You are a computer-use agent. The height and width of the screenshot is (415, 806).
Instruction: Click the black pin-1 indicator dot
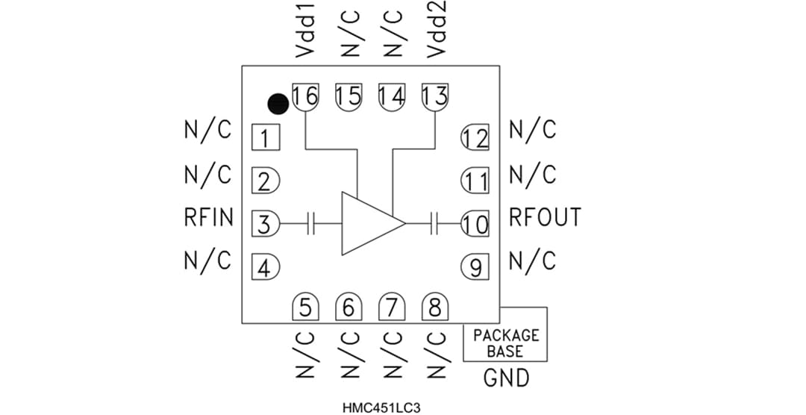click(x=278, y=104)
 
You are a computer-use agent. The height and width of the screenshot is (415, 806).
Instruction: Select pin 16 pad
click(x=305, y=96)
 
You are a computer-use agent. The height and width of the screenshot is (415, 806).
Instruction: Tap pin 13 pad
click(x=435, y=96)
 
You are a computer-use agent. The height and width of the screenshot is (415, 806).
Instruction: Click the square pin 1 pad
click(x=265, y=138)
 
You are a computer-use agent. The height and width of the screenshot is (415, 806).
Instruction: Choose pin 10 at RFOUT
click(x=475, y=223)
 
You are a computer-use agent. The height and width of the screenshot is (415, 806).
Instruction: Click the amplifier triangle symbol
click(x=369, y=223)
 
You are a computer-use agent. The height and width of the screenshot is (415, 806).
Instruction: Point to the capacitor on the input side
click(x=313, y=223)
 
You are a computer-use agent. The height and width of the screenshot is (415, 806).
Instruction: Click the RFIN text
click(x=208, y=218)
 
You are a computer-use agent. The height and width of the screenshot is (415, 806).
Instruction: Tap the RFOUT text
click(x=544, y=217)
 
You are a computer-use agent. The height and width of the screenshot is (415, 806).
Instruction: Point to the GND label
click(x=506, y=378)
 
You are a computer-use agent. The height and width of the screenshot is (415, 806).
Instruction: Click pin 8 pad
click(x=434, y=308)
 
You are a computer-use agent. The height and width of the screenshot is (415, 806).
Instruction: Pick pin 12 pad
click(x=475, y=138)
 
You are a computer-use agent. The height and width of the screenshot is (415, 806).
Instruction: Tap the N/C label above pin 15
click(x=350, y=34)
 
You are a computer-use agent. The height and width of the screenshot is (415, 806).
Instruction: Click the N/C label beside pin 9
click(x=532, y=261)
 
